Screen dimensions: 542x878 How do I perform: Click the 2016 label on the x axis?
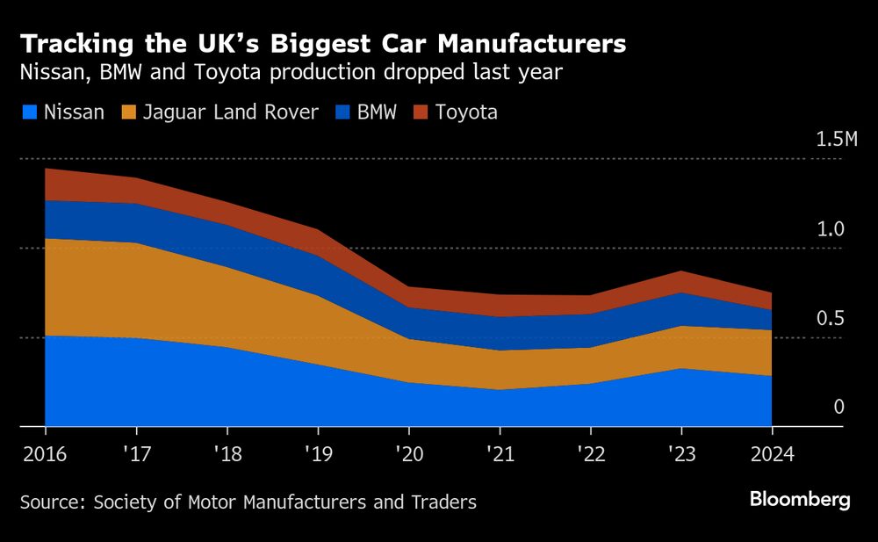(44, 454)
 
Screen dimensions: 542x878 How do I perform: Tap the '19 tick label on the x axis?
(317, 454)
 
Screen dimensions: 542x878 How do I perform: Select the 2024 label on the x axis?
(772, 454)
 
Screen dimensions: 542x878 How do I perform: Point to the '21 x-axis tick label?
(500, 454)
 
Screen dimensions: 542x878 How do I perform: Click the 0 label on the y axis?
(838, 407)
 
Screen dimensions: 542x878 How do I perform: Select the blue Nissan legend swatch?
(29, 112)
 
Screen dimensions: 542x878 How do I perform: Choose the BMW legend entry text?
(377, 112)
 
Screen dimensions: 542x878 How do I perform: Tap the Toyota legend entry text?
(466, 112)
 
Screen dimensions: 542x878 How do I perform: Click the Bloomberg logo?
(800, 500)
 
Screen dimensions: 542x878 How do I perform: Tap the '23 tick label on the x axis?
(681, 454)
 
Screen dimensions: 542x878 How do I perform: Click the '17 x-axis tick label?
(135, 454)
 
